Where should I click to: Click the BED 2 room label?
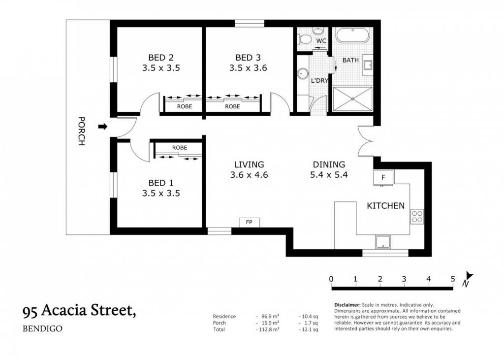[161, 58]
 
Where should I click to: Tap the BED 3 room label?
[248, 58]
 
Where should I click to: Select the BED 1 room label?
[161, 183]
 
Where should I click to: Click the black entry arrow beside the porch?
[102, 127]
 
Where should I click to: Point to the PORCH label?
[82, 131]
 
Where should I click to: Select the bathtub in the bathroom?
[352, 35]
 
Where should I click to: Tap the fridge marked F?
[383, 177]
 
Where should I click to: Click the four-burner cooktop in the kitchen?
[417, 217]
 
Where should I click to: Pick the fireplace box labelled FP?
[249, 222]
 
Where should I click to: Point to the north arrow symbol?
[468, 279]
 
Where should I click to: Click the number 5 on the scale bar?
[453, 279]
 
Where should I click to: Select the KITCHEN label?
[386, 205]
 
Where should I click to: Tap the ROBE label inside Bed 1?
[179, 148]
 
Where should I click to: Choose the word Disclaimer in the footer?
[347, 305]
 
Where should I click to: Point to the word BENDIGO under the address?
[42, 329]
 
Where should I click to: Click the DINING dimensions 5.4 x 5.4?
[329, 175]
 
